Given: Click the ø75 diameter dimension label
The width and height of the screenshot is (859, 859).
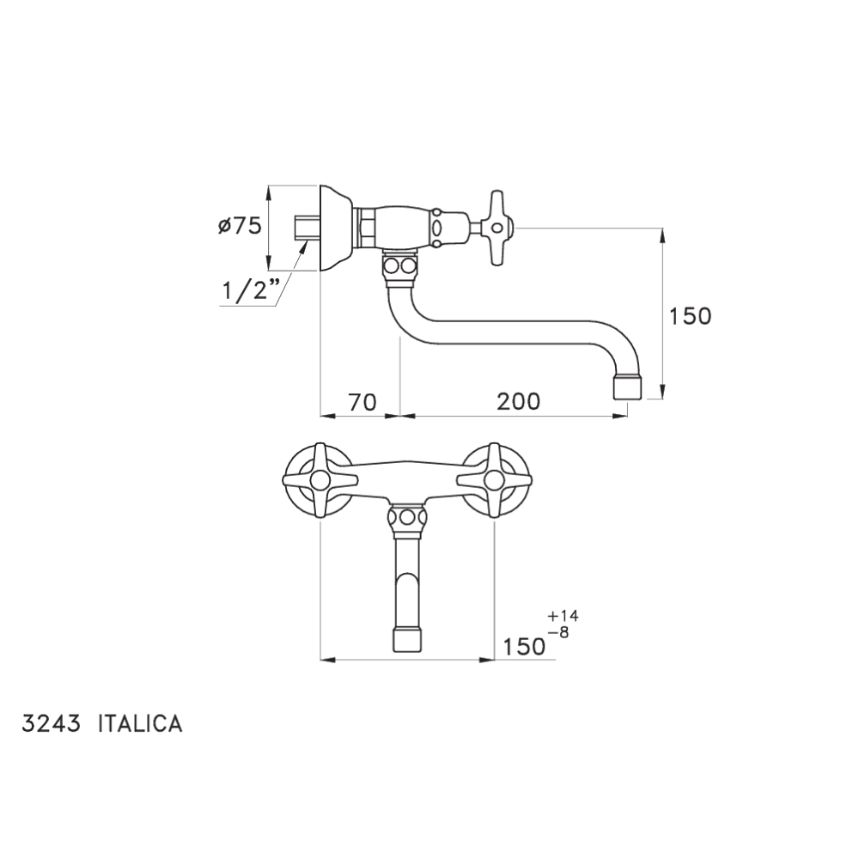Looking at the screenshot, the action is [240, 226].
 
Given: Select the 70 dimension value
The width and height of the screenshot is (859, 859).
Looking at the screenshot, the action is [362, 402].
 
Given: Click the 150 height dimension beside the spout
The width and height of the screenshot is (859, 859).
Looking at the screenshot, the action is [691, 316].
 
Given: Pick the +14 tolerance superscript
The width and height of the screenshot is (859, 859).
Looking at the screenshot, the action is [563, 616].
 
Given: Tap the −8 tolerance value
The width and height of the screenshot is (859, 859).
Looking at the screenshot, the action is [558, 632].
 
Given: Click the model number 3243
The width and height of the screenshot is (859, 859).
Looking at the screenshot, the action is [51, 723].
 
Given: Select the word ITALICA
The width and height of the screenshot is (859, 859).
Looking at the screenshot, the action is [140, 723].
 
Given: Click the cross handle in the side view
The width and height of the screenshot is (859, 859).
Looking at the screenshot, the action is [497, 228].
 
